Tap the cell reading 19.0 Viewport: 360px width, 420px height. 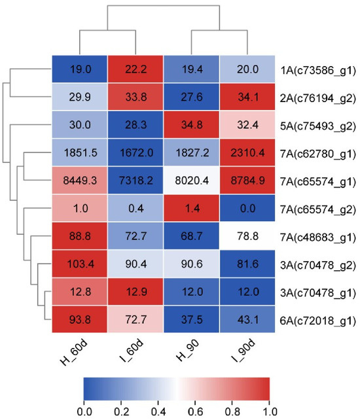(80, 69)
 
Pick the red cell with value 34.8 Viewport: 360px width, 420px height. (192, 124)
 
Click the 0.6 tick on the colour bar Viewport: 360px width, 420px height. (196, 411)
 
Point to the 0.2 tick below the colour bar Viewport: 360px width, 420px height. (121, 411)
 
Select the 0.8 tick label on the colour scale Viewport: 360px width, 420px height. (233, 411)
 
